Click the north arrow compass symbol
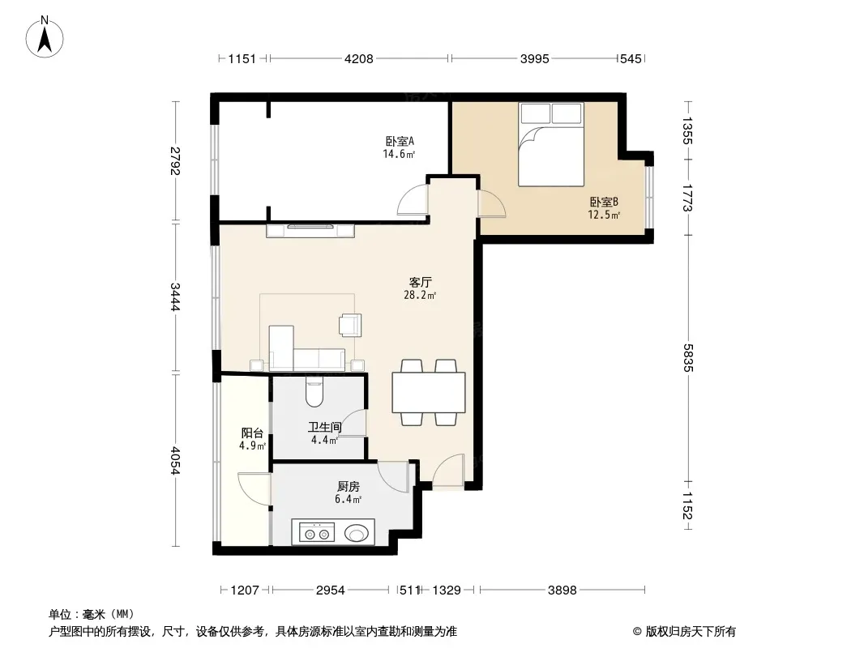tap(45, 37)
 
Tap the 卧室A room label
tap(400, 142)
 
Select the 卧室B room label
tap(604, 202)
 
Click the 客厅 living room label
tap(420, 283)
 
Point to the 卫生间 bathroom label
tap(324, 427)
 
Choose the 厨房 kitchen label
tap(349, 487)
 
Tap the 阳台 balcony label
tap(252, 433)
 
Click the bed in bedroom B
tap(551, 144)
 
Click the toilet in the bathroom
tap(314, 391)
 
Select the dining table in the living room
tap(429, 393)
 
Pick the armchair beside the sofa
tap(350, 325)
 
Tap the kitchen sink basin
tap(357, 533)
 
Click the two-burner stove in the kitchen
tap(317, 534)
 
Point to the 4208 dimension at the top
tap(359, 58)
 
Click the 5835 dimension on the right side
tap(687, 358)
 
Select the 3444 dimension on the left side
tap(175, 297)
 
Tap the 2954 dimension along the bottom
tap(330, 590)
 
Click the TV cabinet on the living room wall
tap(310, 231)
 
